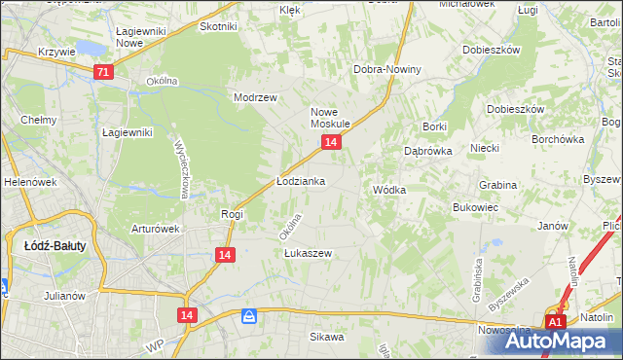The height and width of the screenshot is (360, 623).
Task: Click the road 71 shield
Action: (104, 72)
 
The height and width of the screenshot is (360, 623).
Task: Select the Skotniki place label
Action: (218, 27)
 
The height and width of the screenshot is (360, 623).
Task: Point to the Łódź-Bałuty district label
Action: (55, 246)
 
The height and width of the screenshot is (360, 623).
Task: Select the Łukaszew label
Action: (309, 253)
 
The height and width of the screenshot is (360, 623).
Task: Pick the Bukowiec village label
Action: (476, 207)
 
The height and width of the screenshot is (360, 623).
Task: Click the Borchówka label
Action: (557, 139)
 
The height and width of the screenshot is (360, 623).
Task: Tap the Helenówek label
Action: (26, 182)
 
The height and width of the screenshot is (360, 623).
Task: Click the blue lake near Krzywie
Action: (89, 48)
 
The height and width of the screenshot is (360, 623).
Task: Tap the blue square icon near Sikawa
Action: (250, 316)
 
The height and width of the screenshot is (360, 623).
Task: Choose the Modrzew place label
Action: (256, 97)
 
